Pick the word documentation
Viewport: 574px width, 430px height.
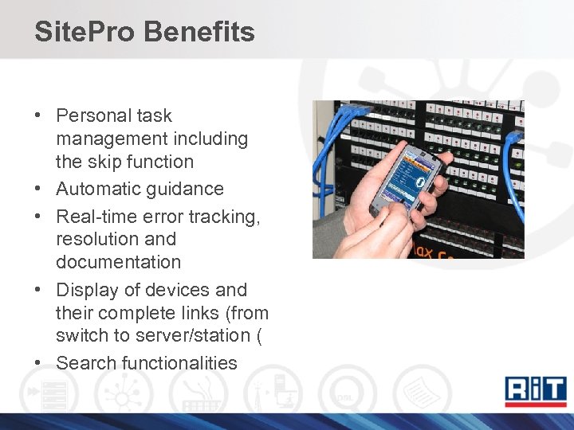[x=118, y=262]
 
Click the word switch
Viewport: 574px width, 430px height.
[x=80, y=336]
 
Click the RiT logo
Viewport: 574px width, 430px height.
[x=535, y=391]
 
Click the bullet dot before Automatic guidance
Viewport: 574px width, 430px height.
[x=37, y=190]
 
